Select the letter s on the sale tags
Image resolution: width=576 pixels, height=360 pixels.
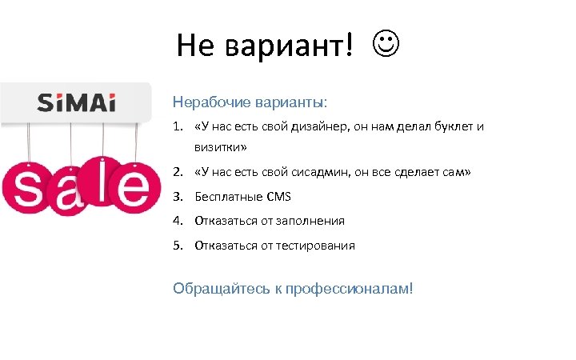pyautogui.click(x=26, y=190)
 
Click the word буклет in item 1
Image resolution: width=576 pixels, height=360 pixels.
pyautogui.click(x=454, y=126)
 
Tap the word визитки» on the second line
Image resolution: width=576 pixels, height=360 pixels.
pyautogui.click(x=220, y=148)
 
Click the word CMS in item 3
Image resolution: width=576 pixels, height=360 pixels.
pyautogui.click(x=279, y=197)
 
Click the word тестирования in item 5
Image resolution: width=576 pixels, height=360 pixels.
pyautogui.click(x=315, y=245)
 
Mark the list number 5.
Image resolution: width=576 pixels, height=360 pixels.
pyautogui.click(x=177, y=245)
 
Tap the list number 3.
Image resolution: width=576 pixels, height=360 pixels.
pyautogui.click(x=177, y=197)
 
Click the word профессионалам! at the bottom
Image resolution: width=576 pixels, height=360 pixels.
pyautogui.click(x=349, y=288)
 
